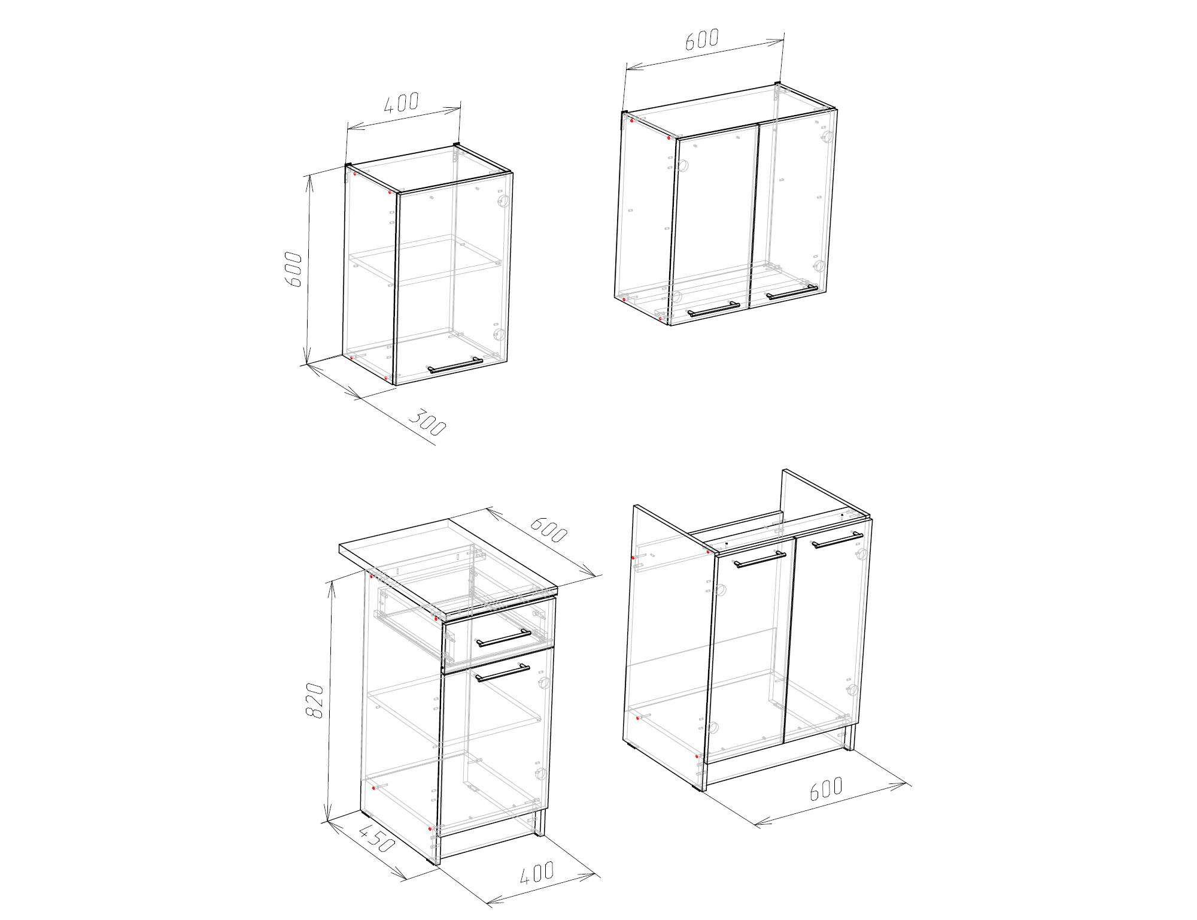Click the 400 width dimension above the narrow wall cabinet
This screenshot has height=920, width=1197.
tap(402, 102)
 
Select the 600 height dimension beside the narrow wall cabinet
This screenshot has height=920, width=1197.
tap(293, 270)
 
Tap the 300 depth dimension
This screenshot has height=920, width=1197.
tap(427, 423)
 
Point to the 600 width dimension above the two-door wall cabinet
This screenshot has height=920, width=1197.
tap(702, 39)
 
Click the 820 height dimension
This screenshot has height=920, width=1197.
tap(315, 700)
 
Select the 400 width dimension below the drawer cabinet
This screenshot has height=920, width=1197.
tap(537, 873)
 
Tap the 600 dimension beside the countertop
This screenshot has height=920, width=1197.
tap(549, 529)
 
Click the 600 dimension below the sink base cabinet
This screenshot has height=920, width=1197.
tap(827, 788)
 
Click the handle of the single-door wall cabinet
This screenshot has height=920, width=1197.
tap(455, 365)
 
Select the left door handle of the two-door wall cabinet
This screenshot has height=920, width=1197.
tap(713, 309)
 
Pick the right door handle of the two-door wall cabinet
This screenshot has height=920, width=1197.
tap(792, 292)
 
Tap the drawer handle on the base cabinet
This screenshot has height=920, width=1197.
tap(504, 638)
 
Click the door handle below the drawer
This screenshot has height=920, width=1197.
tap(503, 673)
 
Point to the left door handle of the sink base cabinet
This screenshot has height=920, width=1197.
tap(760, 559)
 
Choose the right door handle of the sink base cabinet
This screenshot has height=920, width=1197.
tap(838, 540)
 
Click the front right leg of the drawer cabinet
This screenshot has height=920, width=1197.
tap(540, 823)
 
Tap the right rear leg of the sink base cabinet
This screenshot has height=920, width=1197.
tap(849, 737)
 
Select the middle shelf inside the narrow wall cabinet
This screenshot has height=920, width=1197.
tap(426, 260)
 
